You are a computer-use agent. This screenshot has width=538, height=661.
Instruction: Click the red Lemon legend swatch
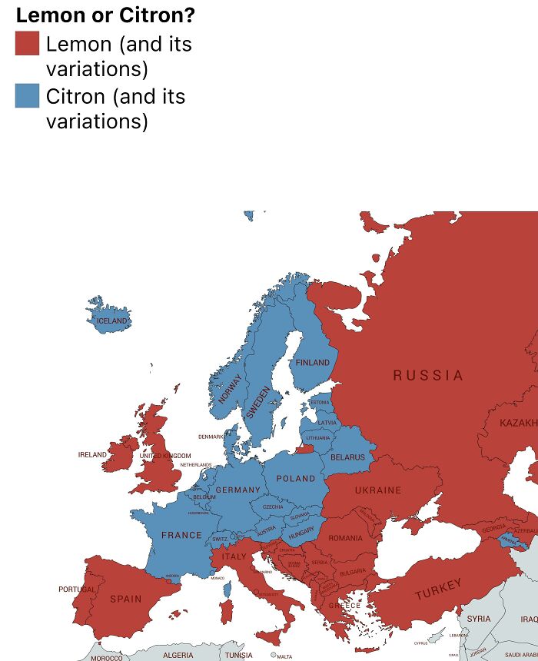(x=27, y=43)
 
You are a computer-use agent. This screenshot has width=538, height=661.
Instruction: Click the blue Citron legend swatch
(x=27, y=96)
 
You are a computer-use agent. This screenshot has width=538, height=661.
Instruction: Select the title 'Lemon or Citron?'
(x=105, y=15)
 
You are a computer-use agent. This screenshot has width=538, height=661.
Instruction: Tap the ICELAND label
(x=112, y=321)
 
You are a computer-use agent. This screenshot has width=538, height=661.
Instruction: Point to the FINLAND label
(x=312, y=362)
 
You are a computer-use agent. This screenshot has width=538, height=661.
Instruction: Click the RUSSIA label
(x=428, y=376)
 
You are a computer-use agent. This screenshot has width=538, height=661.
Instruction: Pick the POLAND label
(x=296, y=478)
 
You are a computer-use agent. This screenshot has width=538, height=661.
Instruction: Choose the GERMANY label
(x=237, y=490)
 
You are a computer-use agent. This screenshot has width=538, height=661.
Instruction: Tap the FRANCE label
(x=181, y=535)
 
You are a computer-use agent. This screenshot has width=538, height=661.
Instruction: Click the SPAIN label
(x=125, y=599)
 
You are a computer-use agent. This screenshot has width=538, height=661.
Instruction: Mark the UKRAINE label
(x=377, y=490)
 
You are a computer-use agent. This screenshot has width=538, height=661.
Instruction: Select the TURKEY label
(x=439, y=590)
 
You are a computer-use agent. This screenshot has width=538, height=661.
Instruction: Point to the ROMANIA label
(x=345, y=538)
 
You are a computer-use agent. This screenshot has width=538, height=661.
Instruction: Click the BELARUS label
(x=347, y=457)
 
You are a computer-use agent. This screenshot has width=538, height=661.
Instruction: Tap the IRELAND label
(x=92, y=454)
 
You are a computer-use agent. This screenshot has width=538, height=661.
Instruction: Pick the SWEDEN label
(x=257, y=403)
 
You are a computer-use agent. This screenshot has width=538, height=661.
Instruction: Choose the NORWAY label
(x=229, y=388)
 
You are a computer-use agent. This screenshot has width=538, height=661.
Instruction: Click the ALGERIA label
(x=178, y=655)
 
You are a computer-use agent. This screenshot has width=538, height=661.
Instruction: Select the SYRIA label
(x=478, y=619)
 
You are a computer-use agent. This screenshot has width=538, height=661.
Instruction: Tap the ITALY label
(x=234, y=556)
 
